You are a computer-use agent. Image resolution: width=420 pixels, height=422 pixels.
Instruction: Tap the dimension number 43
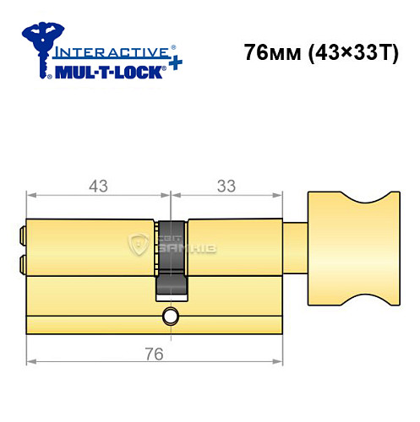99,185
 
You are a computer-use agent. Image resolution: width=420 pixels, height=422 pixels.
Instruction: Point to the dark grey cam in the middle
171,258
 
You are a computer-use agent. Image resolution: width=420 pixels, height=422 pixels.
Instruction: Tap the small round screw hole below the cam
171,317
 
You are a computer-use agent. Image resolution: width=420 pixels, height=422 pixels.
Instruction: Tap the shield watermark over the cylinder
138,246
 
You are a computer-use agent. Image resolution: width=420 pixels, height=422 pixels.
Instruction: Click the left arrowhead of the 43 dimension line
31,197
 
